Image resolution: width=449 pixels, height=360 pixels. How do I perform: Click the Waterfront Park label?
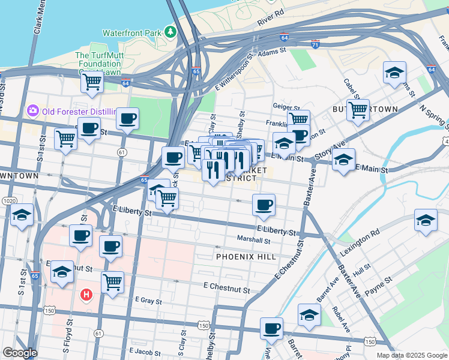[x=133, y=33]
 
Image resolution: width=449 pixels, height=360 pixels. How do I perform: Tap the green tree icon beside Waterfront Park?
[x=172, y=31]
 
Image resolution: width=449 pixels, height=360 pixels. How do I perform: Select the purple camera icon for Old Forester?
[x=32, y=110]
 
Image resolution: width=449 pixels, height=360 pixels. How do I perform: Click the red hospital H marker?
[x=86, y=295]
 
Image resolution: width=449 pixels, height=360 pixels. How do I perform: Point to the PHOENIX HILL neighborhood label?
[x=246, y=257]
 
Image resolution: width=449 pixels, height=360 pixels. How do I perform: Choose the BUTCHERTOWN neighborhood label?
[x=365, y=109]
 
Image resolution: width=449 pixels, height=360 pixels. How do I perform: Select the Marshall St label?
[x=254, y=240]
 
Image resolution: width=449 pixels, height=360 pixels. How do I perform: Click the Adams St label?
[x=272, y=53]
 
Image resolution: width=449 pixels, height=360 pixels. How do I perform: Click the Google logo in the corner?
[x=20, y=353]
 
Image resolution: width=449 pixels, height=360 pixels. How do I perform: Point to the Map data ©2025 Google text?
[x=411, y=355]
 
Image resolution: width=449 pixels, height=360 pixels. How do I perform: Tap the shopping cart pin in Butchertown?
[x=358, y=110]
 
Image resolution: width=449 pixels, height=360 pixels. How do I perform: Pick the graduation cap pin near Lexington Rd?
[x=426, y=220]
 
